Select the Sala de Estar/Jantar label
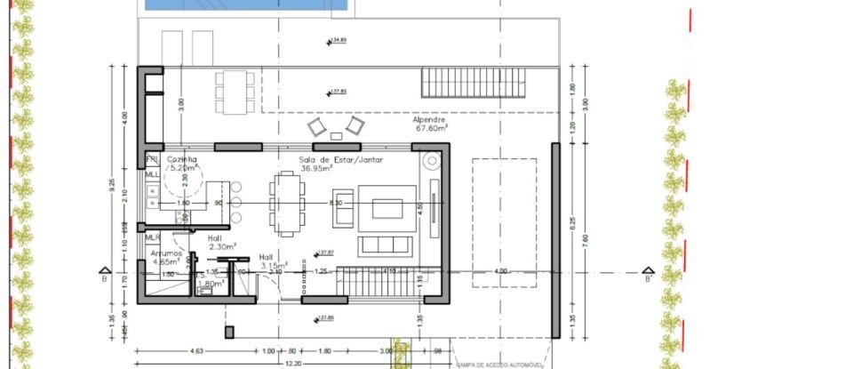317,159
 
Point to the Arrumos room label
166,253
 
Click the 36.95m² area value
316,168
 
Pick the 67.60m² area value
429,128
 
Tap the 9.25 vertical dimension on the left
112,186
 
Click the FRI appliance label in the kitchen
151,159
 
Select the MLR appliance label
152,238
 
